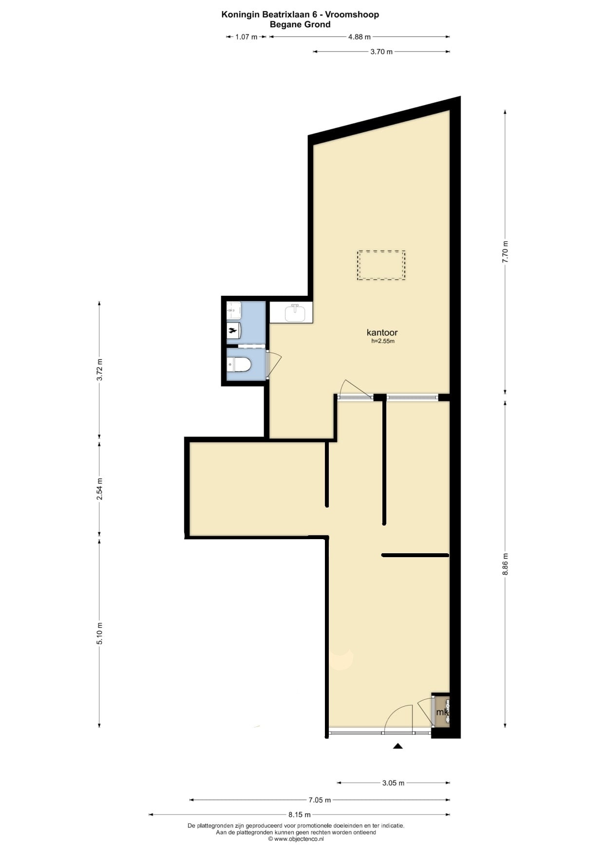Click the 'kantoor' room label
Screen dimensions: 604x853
pos(382,333)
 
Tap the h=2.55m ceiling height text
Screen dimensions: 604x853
pos(382,342)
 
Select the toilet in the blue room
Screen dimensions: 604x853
pos(239,364)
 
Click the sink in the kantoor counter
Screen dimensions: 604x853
pos(295,313)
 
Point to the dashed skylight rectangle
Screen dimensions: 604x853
pos(381,265)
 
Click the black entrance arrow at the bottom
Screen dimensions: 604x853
pos(398,746)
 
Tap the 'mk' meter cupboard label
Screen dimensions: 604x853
pos(442,712)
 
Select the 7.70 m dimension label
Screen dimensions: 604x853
pos(505,252)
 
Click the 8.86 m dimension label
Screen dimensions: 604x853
pos(505,564)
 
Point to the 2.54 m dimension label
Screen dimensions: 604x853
pos(99,490)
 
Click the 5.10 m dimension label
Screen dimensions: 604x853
pos(99,634)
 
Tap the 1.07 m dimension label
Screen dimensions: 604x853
pos(246,37)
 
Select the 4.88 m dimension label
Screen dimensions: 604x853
pos(359,37)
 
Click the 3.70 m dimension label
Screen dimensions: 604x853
pos(381,52)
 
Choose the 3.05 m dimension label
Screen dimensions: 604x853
pos(393,783)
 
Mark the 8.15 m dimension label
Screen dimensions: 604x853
pos(300,815)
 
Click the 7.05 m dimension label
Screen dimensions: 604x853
pos(320,800)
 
